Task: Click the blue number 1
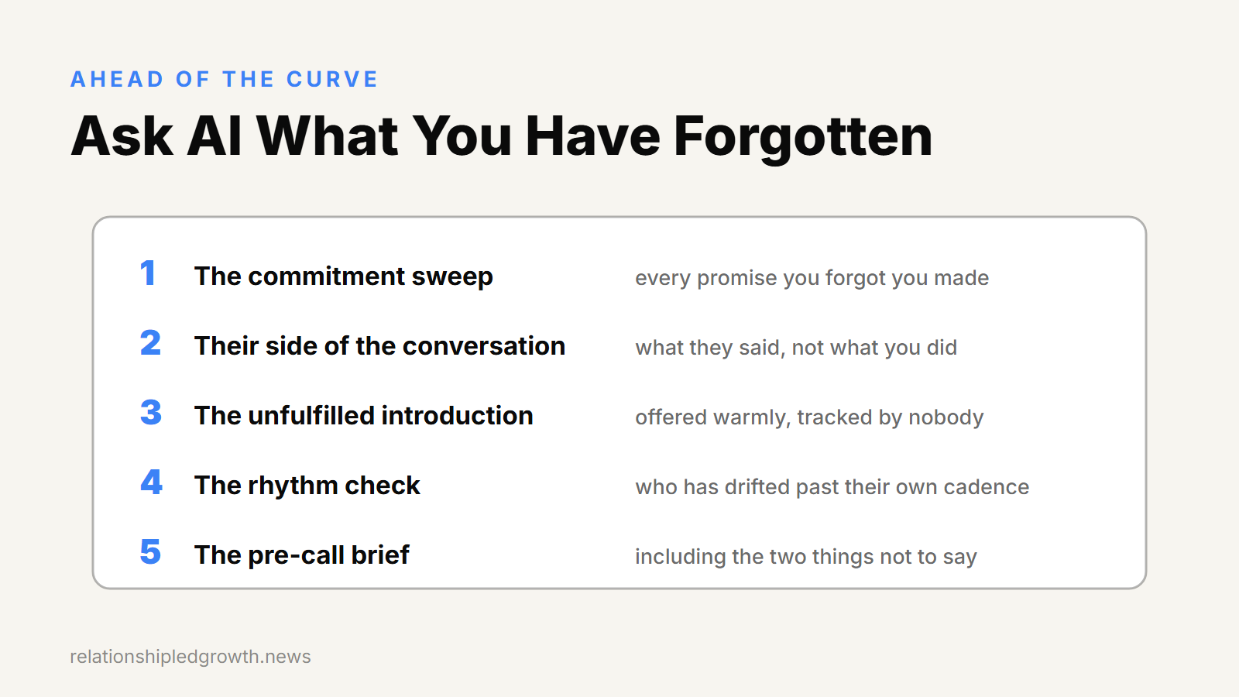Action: [147, 273]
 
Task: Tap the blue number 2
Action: [150, 343]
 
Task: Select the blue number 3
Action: [151, 413]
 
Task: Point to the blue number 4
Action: [151, 482]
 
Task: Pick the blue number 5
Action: [150, 552]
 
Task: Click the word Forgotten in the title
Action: [803, 136]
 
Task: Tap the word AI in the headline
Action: [215, 136]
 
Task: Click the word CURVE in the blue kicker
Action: [332, 79]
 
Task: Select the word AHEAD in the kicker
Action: [117, 79]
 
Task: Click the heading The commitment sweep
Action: [344, 276]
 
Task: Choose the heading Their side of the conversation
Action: [380, 346]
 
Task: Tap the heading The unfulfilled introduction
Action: [364, 416]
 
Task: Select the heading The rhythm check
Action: [307, 486]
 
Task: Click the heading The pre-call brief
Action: [302, 555]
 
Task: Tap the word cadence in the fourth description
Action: [987, 487]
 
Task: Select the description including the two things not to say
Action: [806, 557]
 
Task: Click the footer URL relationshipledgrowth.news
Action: [190, 657]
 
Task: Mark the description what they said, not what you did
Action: [796, 348]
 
